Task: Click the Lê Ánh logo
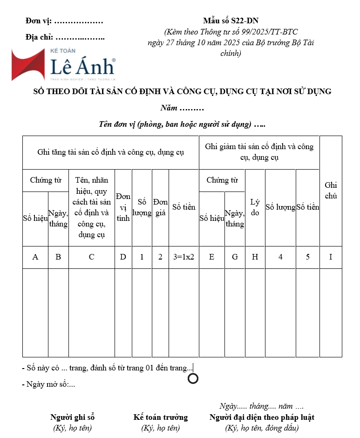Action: (x=63, y=64)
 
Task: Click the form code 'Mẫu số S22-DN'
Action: (x=231, y=21)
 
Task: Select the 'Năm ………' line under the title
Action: (x=182, y=108)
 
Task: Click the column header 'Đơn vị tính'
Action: (x=123, y=207)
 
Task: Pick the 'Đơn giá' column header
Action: (x=160, y=207)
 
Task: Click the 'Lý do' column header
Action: (x=255, y=207)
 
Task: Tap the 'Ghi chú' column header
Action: (x=331, y=191)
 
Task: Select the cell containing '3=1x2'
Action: (x=183, y=257)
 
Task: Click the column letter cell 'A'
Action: (x=35, y=257)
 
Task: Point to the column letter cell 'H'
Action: (x=255, y=257)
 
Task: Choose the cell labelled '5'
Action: (x=307, y=257)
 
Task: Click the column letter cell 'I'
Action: (x=331, y=257)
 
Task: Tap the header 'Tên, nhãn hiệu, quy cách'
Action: (x=91, y=207)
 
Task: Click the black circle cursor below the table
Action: (x=193, y=378)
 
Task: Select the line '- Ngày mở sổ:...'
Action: (x=48, y=384)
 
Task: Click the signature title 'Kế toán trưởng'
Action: (x=160, y=417)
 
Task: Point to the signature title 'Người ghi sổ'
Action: (x=72, y=417)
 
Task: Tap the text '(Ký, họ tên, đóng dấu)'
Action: (x=262, y=428)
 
